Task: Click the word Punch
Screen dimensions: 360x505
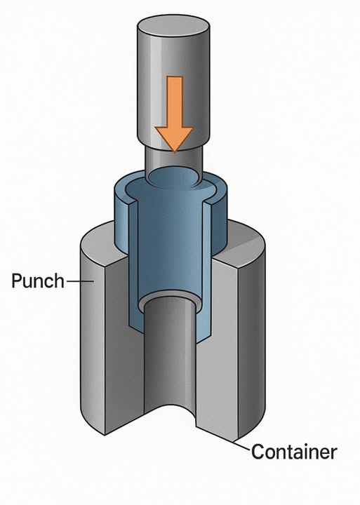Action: [38, 281]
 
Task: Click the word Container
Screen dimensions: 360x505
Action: [294, 452]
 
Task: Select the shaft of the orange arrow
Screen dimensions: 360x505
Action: [174, 102]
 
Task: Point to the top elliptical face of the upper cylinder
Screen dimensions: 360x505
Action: [174, 25]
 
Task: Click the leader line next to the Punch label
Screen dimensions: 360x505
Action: [80, 281]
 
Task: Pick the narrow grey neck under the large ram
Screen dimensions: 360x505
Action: [174, 161]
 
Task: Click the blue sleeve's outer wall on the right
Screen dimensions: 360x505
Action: [220, 219]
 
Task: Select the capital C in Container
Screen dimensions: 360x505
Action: [257, 452]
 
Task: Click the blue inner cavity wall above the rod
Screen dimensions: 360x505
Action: [170, 245]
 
